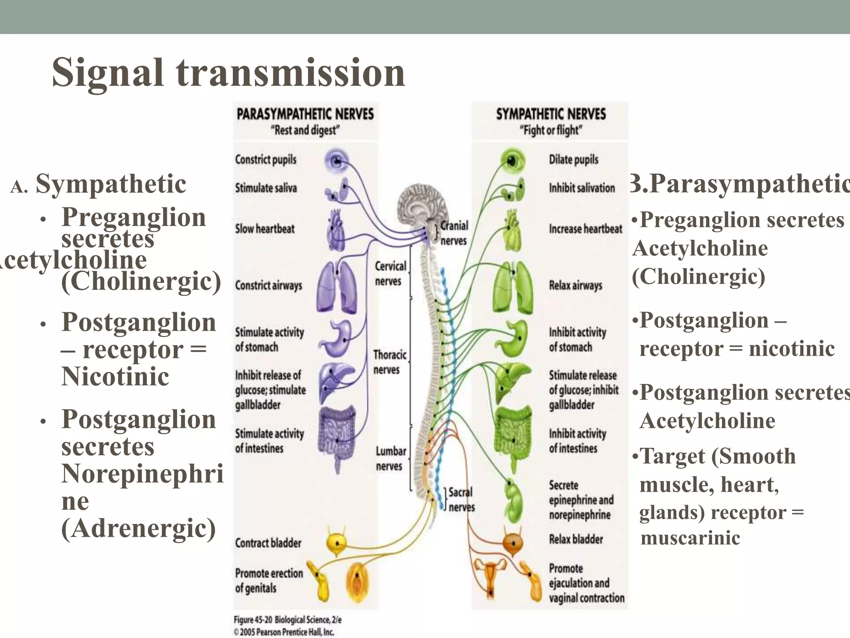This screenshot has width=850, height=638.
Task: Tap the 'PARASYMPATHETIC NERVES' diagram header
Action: tap(305, 114)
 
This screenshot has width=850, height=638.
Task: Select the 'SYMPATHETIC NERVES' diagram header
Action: tap(551, 114)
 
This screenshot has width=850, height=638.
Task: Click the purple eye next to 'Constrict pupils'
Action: tap(337, 160)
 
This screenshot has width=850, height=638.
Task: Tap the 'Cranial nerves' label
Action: tap(454, 233)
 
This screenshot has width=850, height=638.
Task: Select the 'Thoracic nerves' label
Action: tap(389, 362)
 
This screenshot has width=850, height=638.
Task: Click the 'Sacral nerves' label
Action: tap(461, 499)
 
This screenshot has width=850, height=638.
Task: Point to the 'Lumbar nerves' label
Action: tap(391, 459)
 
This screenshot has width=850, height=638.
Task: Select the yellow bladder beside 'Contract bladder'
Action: tap(336, 542)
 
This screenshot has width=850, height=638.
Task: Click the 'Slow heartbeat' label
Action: tap(265, 228)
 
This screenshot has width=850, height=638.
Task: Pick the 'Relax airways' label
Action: tap(575, 285)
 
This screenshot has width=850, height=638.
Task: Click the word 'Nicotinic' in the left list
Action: tap(115, 376)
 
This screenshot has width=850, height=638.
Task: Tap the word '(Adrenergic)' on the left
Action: tap(138, 528)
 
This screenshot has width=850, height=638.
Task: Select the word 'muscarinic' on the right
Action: tap(690, 537)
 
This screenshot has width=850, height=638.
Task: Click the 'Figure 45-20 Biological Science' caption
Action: tap(287, 620)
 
